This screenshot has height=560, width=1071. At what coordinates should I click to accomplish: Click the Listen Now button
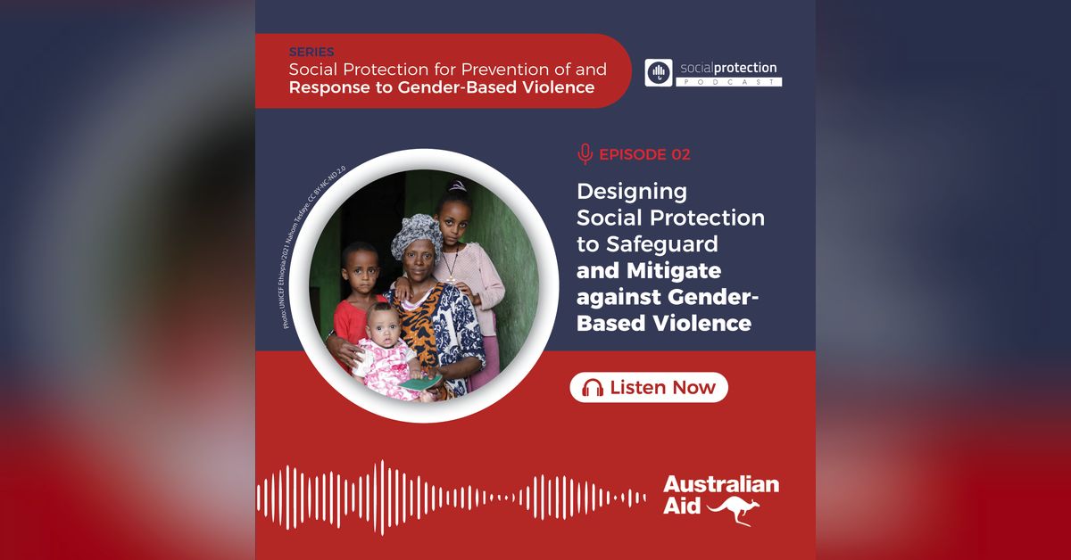pyautogui.click(x=649, y=387)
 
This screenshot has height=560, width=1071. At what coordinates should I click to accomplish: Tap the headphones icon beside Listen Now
pyautogui.click(x=593, y=388)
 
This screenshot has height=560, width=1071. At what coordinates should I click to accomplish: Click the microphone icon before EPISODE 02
pyautogui.click(x=585, y=154)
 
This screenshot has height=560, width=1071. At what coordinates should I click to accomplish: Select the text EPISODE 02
pyautogui.click(x=644, y=154)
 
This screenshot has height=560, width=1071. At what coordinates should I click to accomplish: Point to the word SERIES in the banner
pyautogui.click(x=311, y=53)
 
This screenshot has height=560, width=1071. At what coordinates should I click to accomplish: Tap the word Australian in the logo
pyautogui.click(x=721, y=485)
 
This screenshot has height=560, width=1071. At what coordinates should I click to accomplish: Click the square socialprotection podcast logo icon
pyautogui.click(x=659, y=73)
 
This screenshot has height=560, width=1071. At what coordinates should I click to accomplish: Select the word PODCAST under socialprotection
pyautogui.click(x=730, y=82)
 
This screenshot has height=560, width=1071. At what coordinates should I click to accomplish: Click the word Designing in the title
pyautogui.click(x=633, y=191)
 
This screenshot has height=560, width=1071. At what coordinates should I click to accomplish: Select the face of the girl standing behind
pyautogui.click(x=453, y=215)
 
